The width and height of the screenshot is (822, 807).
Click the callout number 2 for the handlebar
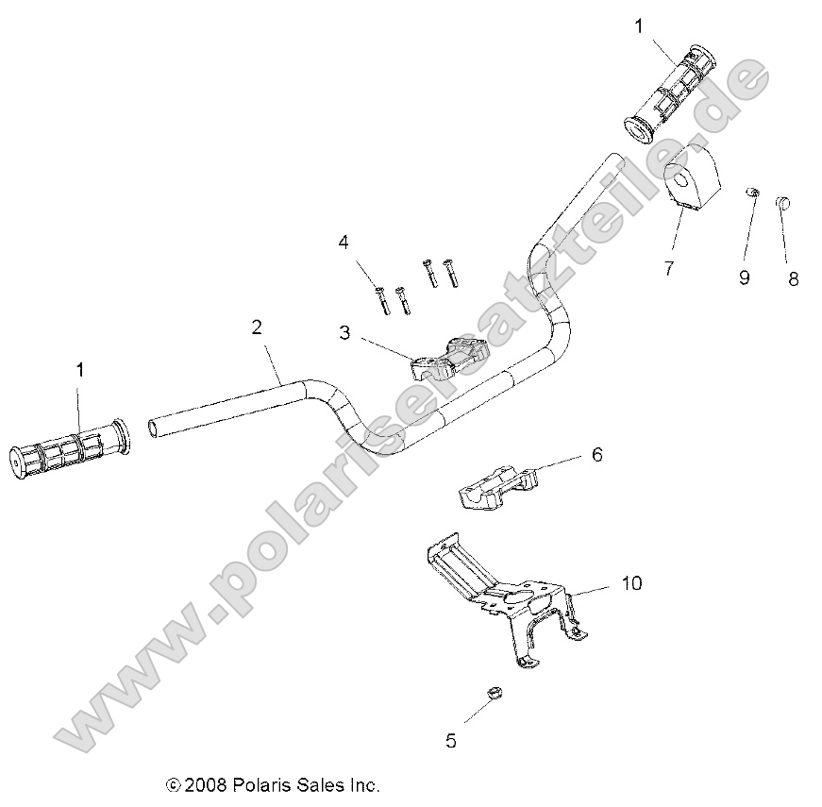(x=256, y=328)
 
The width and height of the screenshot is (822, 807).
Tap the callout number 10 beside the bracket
(x=630, y=583)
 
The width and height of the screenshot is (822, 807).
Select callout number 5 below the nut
(x=451, y=741)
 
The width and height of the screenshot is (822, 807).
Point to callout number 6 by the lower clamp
(x=596, y=455)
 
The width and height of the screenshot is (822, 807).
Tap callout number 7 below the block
(x=668, y=268)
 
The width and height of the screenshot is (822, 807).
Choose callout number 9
(x=744, y=277)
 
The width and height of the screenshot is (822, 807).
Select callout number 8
(x=793, y=278)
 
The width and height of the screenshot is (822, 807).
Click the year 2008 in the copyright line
(x=205, y=785)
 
